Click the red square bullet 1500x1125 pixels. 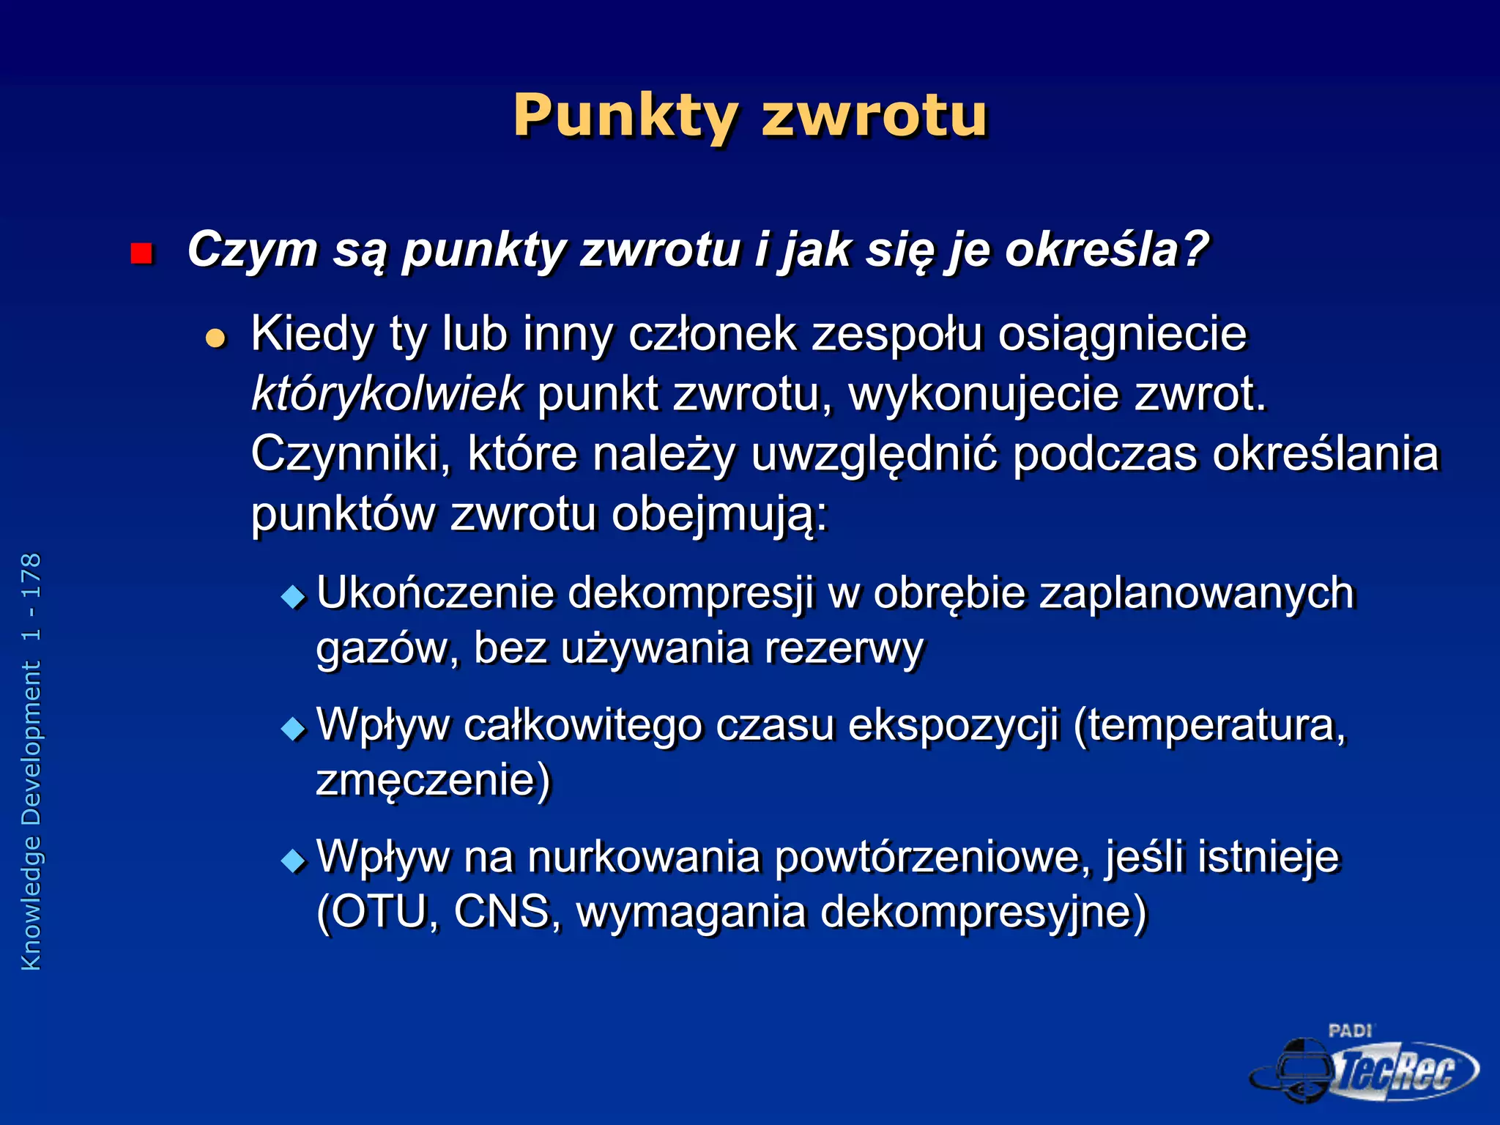click(x=141, y=253)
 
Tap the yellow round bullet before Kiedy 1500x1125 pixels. click(x=215, y=338)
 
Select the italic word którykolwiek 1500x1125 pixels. click(x=386, y=394)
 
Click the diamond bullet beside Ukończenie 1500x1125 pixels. click(x=293, y=596)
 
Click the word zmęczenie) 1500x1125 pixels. click(x=433, y=780)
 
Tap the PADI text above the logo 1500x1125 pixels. click(x=1350, y=1031)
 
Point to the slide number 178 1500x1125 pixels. click(x=31, y=575)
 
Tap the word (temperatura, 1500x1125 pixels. click(x=1209, y=725)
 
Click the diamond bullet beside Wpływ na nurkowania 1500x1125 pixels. click(x=293, y=860)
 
